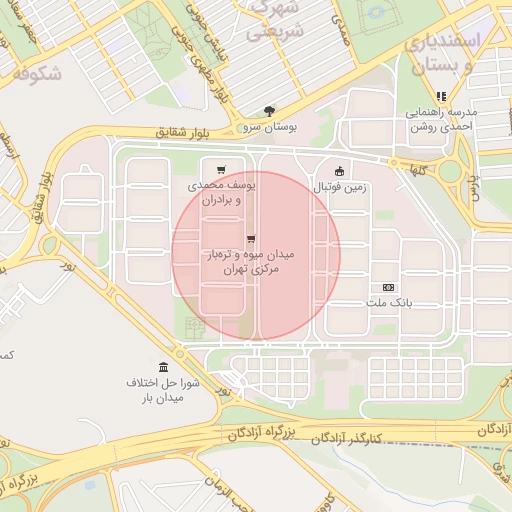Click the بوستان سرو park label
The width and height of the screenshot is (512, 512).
click(x=269, y=128)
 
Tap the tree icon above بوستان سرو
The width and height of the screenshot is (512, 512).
click(x=269, y=111)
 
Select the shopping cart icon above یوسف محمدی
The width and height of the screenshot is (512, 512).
click(x=220, y=169)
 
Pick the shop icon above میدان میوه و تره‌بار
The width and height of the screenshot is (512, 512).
click(x=250, y=238)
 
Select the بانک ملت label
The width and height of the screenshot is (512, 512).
click(x=389, y=304)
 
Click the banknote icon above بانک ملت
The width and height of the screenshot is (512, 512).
click(x=389, y=287)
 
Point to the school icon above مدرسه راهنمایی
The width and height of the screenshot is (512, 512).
click(x=441, y=96)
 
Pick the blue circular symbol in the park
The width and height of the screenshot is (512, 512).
click(x=376, y=14)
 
